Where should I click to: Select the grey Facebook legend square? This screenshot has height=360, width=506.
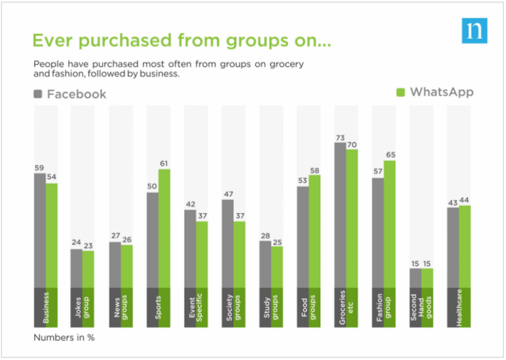click(x=38, y=94)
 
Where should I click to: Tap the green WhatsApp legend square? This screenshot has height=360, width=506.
click(x=401, y=93)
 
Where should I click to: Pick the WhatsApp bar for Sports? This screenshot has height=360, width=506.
click(x=164, y=228)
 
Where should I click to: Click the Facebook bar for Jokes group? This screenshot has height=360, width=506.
click(x=76, y=268)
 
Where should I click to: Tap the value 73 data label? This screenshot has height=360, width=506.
click(x=340, y=137)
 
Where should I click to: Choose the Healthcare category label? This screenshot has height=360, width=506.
click(x=459, y=306)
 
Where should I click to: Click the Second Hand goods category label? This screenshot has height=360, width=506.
click(x=421, y=306)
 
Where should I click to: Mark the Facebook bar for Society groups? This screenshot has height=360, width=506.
click(x=227, y=243)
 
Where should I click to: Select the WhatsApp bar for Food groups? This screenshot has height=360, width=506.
click(x=315, y=231)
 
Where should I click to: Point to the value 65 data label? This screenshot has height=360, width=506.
click(x=391, y=155)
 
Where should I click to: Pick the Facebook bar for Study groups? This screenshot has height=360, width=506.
click(x=265, y=264)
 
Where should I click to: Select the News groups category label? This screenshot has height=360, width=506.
click(x=119, y=306)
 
